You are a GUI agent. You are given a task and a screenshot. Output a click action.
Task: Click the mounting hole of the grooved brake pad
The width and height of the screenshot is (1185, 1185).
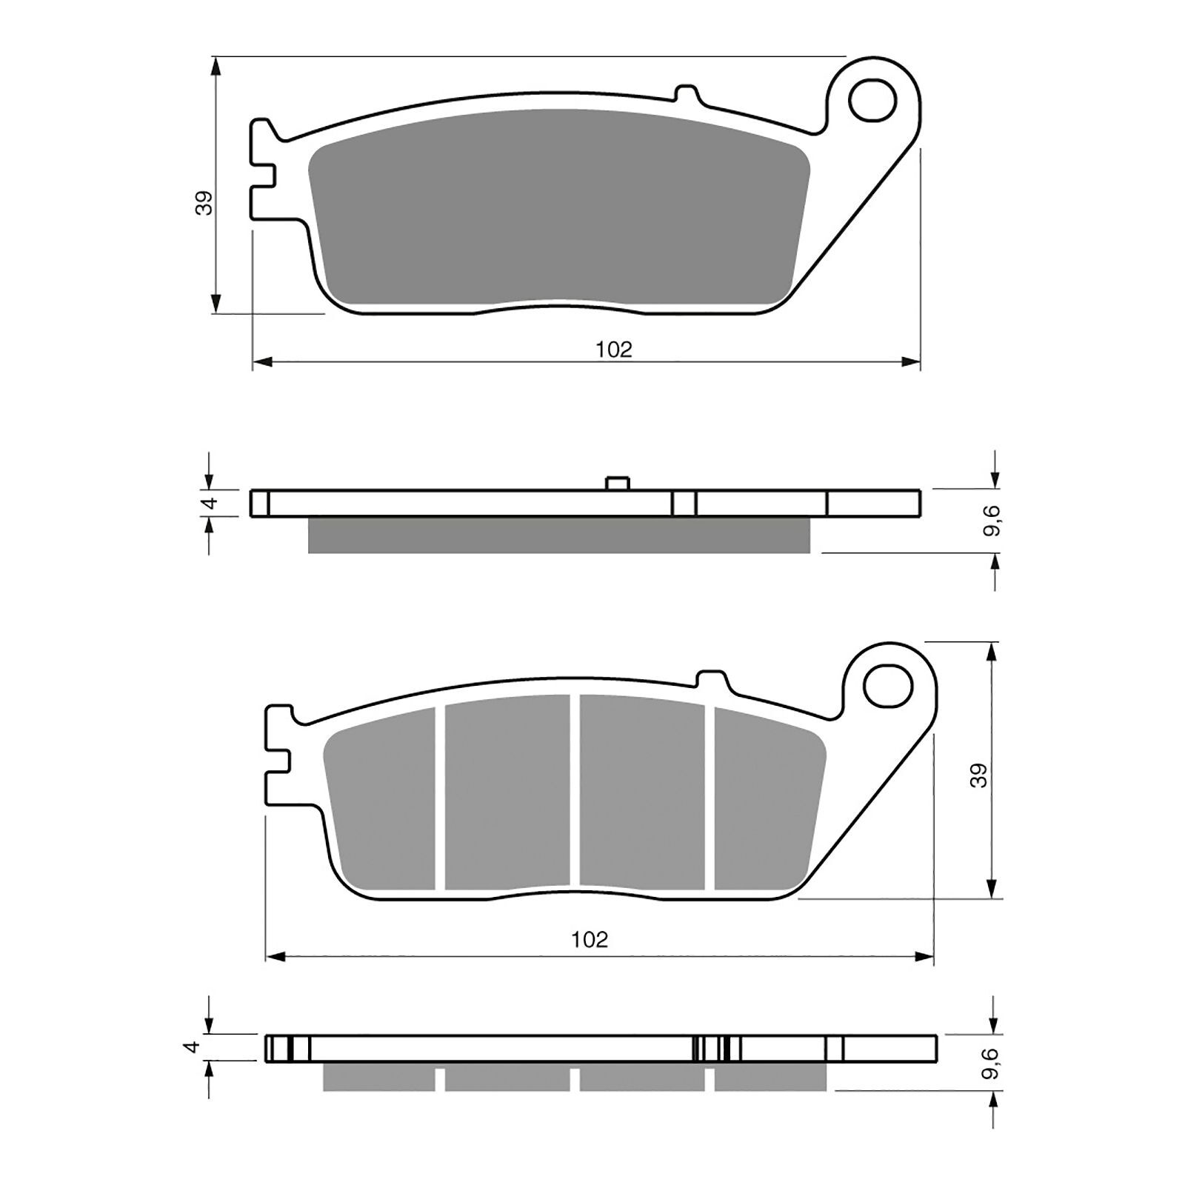(887, 685)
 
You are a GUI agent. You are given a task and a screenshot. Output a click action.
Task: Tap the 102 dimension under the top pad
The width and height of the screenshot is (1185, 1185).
(614, 350)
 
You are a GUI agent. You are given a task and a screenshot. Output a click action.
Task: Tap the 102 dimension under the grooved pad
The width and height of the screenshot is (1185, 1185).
(590, 940)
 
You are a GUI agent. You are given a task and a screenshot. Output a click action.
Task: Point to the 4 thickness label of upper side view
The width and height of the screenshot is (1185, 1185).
(210, 503)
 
